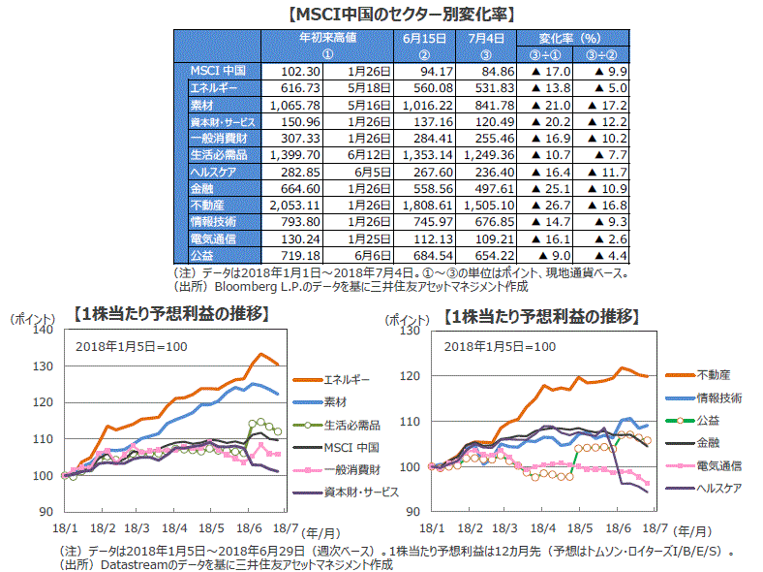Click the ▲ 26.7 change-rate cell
click(x=542, y=205)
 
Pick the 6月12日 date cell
click(x=370, y=154)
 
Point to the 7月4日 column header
click(x=483, y=39)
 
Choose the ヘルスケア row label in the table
click(x=213, y=171)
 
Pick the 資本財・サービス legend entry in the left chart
click(x=360, y=492)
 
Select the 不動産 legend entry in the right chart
click(x=713, y=374)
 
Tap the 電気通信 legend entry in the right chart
click(x=718, y=465)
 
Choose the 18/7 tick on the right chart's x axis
click(x=656, y=528)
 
